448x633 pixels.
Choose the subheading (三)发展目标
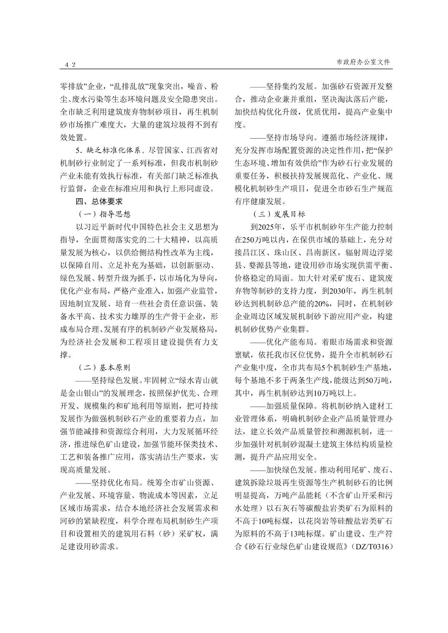[x=279, y=214]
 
